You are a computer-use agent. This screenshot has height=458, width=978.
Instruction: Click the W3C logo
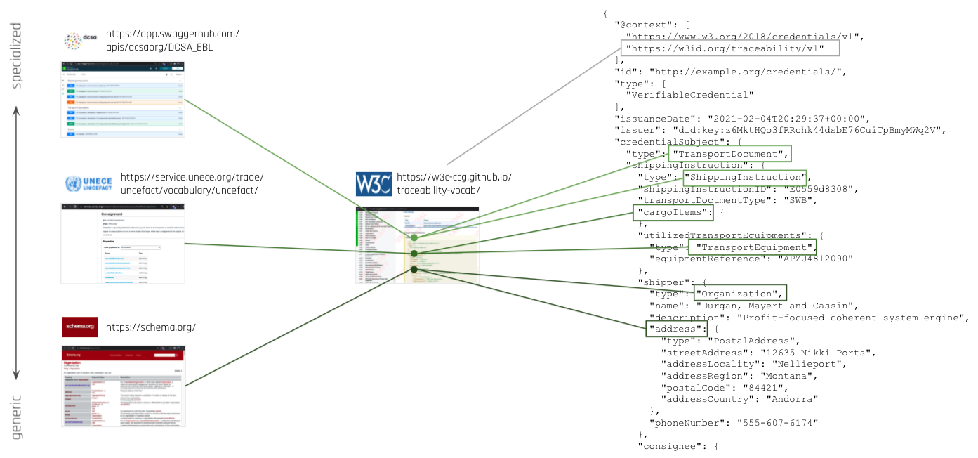pyautogui.click(x=373, y=184)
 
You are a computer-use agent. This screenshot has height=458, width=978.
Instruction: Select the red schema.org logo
pyautogui.click(x=79, y=327)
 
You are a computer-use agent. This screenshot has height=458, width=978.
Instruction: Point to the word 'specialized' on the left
pyautogui.click(x=17, y=55)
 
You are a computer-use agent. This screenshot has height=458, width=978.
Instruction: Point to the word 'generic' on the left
pyautogui.click(x=17, y=417)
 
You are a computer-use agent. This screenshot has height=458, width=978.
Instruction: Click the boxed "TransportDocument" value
pyautogui.click(x=730, y=154)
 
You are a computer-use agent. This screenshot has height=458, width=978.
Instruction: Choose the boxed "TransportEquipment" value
pyautogui.click(x=752, y=247)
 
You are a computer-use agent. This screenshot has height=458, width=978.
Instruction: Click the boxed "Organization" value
pyautogui.click(x=739, y=293)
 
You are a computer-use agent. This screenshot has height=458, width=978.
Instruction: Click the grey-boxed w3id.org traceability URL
pyautogui.click(x=730, y=48)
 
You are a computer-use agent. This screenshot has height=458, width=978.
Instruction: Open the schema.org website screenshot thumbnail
pyautogui.click(x=124, y=386)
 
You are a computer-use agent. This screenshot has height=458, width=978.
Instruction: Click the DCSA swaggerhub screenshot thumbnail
pyautogui.click(x=123, y=99)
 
